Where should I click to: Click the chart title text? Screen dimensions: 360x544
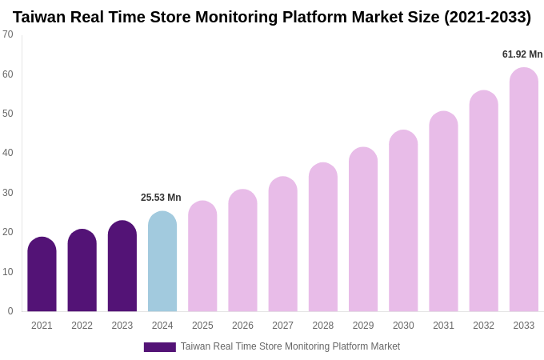pos(272,17)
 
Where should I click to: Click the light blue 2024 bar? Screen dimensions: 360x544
pos(162,262)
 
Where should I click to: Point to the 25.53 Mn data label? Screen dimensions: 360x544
pos(161,198)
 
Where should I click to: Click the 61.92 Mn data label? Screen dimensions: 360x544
pos(522,54)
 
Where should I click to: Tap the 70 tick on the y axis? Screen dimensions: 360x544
pos(8,34)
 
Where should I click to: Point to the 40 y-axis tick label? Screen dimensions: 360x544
pos(8,153)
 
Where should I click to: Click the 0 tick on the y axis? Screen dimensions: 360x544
pos(10,311)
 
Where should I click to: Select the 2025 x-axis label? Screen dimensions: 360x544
pos(202,326)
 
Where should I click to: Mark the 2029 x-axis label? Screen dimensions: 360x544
pos(363,326)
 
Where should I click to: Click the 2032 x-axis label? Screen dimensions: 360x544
pos(483,326)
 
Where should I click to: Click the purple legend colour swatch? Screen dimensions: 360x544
pos(159,347)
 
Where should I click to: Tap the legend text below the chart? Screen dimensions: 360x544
pos(290,346)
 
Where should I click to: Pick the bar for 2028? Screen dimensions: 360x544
pos(323,238)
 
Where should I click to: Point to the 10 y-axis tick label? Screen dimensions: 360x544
pos(8,272)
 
